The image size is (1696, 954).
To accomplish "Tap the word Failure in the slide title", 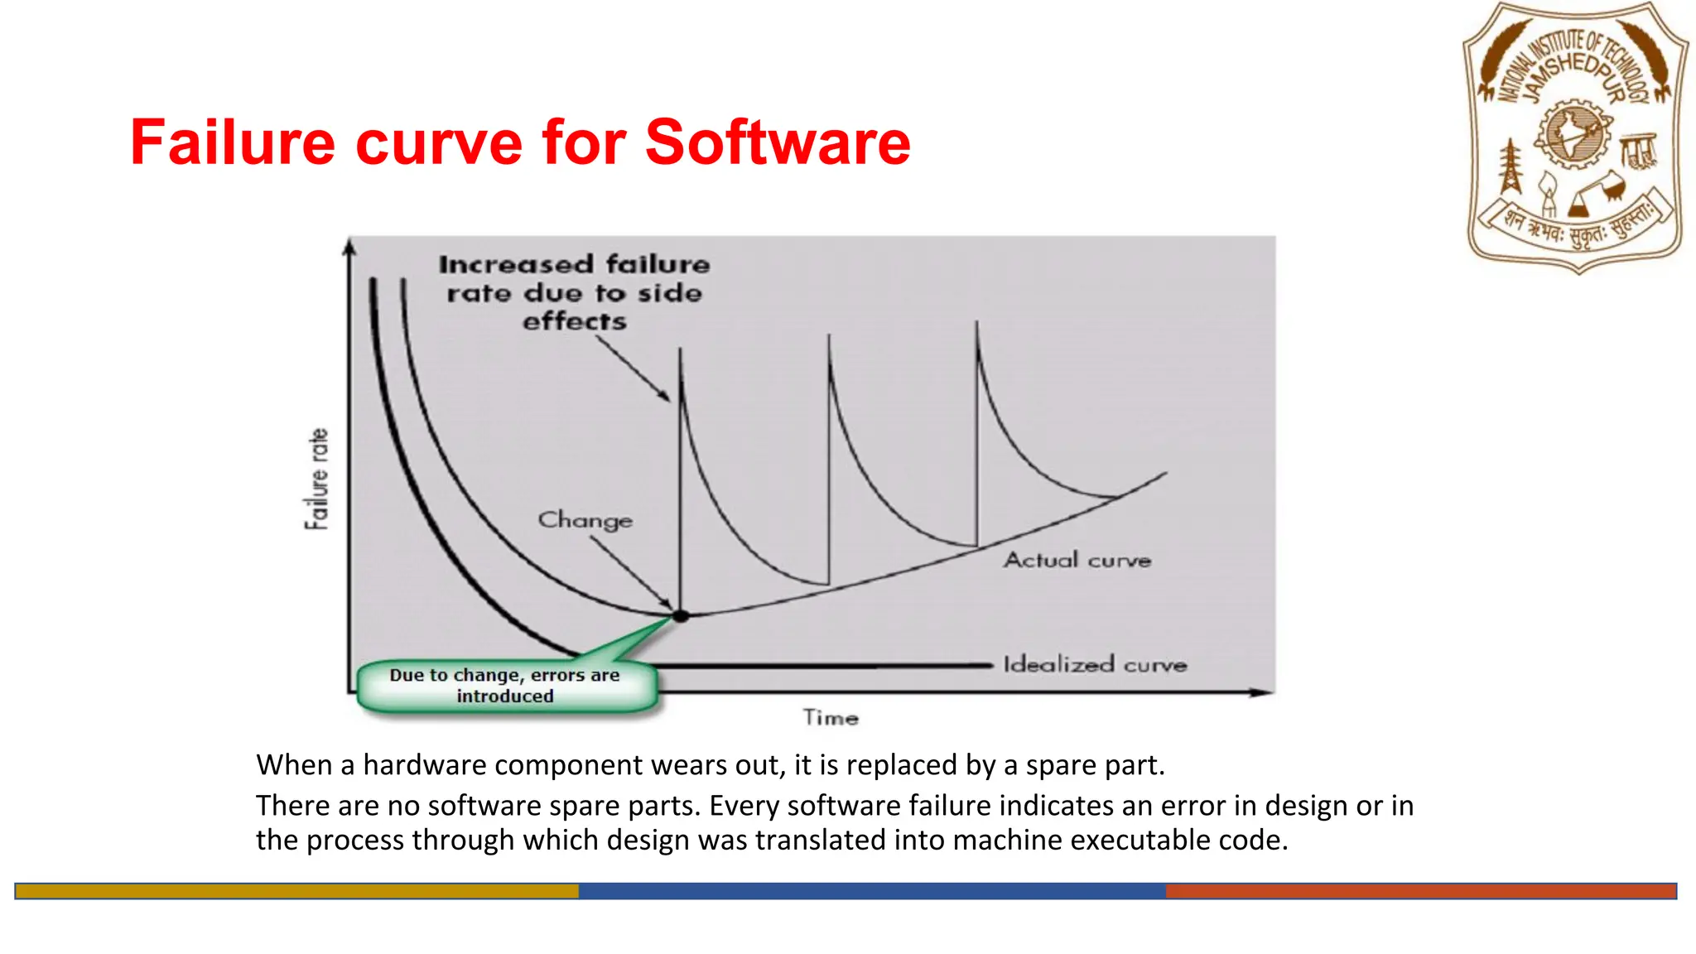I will [x=233, y=142].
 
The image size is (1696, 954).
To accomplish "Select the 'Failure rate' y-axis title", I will [x=317, y=479].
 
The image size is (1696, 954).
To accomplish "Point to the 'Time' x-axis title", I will [x=831, y=717].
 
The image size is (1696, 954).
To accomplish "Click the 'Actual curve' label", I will [x=1077, y=561].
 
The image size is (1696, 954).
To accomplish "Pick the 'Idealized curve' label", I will [x=1095, y=664].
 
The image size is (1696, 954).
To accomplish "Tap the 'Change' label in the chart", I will [x=585, y=520].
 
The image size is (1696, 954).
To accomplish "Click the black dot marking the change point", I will [x=681, y=616].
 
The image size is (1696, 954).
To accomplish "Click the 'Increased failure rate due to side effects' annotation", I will [x=574, y=292].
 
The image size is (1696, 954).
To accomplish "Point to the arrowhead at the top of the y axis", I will [x=350, y=246].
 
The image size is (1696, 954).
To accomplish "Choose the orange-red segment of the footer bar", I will [x=1420, y=891].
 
